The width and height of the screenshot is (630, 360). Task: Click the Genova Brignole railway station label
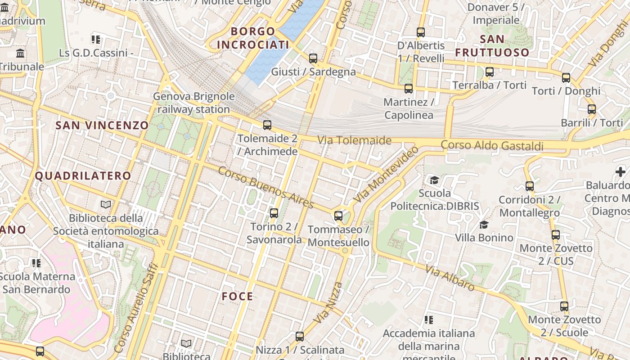[193, 103]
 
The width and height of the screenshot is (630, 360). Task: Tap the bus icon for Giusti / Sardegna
[313, 58]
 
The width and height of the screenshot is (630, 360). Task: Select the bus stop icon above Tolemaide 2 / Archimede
[267, 125]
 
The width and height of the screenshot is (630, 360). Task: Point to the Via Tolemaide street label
[355, 140]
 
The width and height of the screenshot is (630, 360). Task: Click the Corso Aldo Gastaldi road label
[492, 145]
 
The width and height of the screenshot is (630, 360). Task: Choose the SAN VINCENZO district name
[102, 125]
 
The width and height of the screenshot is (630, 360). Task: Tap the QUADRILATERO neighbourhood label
[83, 175]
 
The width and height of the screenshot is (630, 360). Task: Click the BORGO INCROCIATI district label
[253, 38]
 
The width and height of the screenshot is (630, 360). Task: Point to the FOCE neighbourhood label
[237, 296]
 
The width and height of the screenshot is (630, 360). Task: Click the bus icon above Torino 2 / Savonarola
[274, 213]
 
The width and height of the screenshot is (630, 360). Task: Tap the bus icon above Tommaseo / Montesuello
[338, 216]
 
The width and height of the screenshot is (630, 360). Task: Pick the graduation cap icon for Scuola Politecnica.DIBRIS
[434, 180]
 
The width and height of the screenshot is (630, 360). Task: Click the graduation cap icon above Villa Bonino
[484, 224]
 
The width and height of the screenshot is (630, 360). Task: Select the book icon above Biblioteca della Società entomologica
[106, 205]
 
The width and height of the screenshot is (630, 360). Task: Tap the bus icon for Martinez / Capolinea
[409, 89]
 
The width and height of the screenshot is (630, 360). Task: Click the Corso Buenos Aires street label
[265, 187]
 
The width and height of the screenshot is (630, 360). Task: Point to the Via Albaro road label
[450, 278]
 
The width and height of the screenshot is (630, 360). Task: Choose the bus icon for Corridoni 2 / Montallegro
[530, 186]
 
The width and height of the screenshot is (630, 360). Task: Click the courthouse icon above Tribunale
[20, 54]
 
